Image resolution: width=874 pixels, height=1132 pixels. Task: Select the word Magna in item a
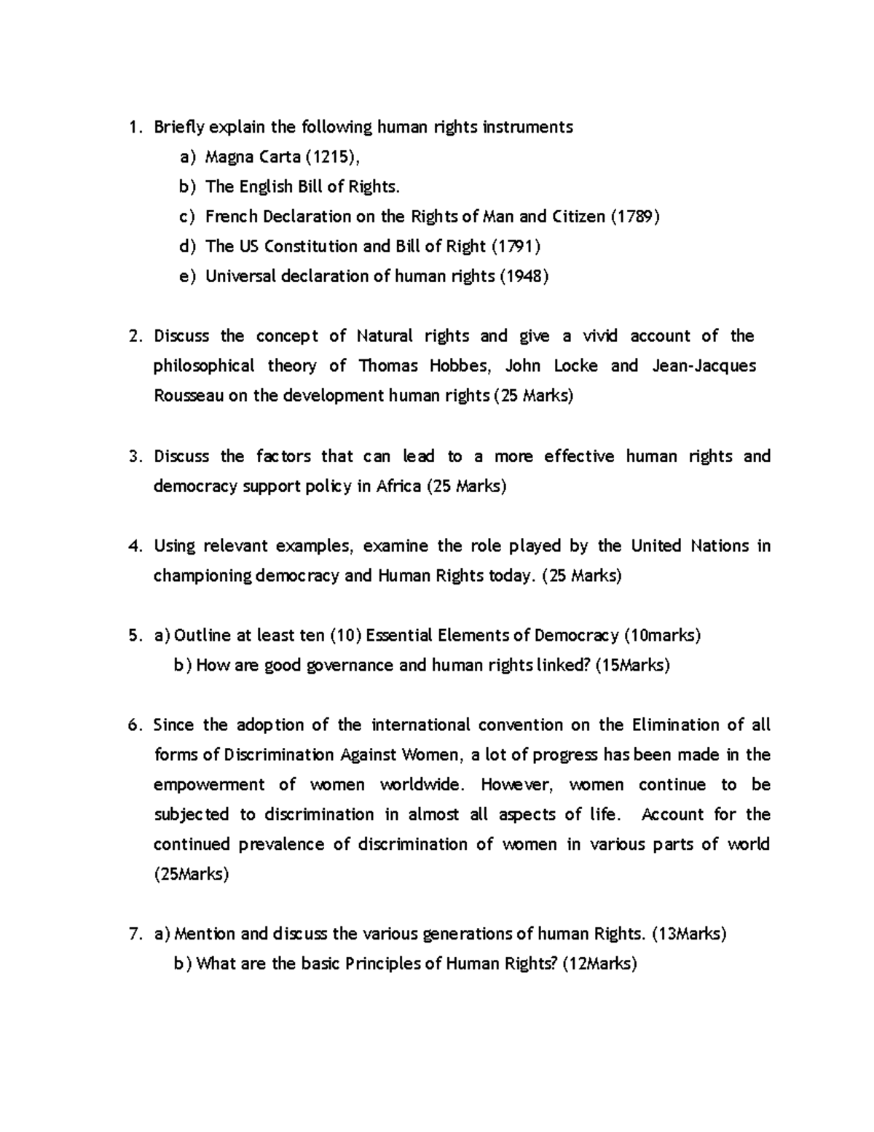click(x=227, y=157)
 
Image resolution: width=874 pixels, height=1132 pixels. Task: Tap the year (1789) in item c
click(x=634, y=216)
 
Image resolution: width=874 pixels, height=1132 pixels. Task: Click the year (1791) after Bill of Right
click(x=516, y=246)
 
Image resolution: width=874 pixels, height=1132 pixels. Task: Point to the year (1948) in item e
click(x=523, y=276)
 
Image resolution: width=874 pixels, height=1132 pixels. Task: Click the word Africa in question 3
click(x=398, y=486)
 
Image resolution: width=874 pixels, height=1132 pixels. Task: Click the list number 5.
click(x=133, y=636)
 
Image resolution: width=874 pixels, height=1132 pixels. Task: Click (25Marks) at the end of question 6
click(x=192, y=875)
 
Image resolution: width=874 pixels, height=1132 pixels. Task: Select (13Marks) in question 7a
click(x=688, y=934)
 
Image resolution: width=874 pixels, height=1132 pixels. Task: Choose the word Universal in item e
click(x=240, y=276)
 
